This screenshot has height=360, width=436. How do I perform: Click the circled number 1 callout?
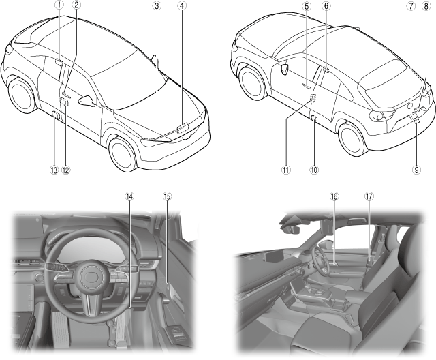point(59,5)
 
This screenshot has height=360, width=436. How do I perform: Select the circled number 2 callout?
point(77,5)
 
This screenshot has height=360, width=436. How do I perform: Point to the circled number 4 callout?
point(181,5)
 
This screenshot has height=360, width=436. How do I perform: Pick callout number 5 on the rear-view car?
point(307,5)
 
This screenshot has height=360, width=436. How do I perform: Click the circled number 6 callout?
point(326,5)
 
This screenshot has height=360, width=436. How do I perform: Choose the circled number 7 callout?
point(411,5)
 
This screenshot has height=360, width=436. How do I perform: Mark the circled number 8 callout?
point(426,5)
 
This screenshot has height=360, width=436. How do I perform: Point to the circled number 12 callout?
point(66,170)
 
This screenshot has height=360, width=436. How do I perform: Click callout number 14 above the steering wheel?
point(129,196)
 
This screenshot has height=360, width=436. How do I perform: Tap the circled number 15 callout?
point(167,196)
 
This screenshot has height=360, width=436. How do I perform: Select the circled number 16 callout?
point(334,196)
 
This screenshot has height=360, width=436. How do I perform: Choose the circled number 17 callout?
point(369,196)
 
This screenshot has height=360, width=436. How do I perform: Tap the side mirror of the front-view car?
point(87,102)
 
